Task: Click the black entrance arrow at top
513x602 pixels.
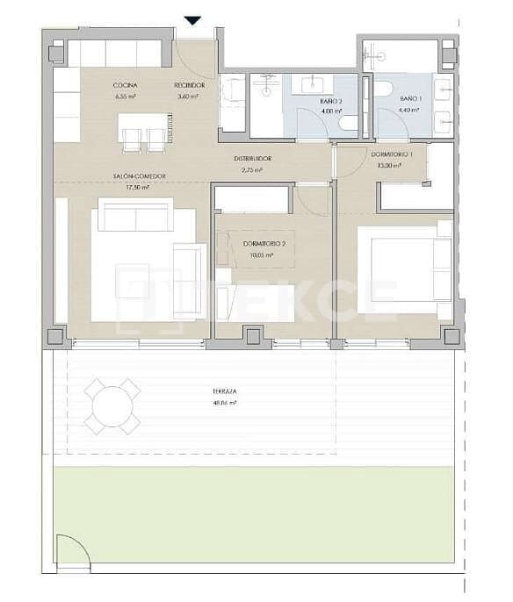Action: point(193,20)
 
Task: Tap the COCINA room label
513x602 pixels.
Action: point(124,85)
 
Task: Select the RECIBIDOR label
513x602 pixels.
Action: point(190,85)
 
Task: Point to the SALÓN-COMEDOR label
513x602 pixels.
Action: point(140,176)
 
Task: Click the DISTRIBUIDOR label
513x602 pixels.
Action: point(252,159)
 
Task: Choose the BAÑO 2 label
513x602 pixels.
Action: point(330,101)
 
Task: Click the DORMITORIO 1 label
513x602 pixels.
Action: point(388,155)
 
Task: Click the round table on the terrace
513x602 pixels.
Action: point(112,406)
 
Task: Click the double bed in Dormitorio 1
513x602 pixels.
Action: point(405,265)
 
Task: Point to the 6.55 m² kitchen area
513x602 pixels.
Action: point(124,96)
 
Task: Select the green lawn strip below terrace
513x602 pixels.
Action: point(255,513)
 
